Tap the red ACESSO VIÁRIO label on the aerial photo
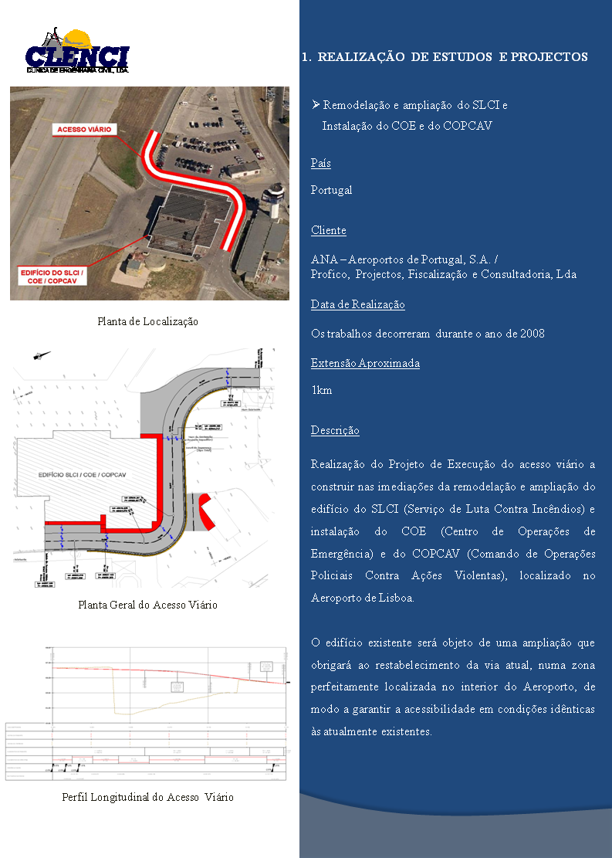tap(84, 129)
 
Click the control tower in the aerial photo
tap(271, 200)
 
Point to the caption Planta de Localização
tap(147, 321)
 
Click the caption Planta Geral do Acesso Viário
tap(147, 605)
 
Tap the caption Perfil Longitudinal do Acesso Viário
tap(147, 797)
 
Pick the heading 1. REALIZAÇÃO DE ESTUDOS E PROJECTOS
tap(445, 57)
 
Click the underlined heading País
tap(320, 164)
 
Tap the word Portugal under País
tap(331, 190)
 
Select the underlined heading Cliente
tap(328, 230)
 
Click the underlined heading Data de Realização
tap(357, 304)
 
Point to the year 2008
tap(533, 334)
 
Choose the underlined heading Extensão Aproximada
tap(365, 363)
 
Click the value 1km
tap(321, 390)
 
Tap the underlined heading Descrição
tap(335, 430)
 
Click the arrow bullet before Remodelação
tap(315, 104)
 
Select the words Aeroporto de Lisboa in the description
tap(362, 598)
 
